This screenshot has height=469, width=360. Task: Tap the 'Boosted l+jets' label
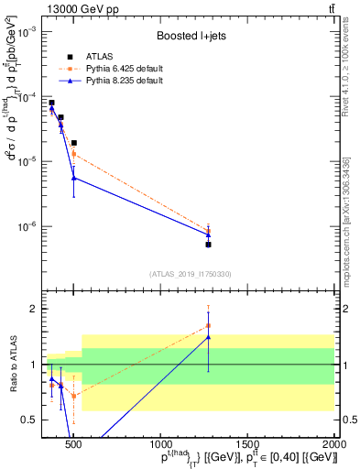tap(191, 37)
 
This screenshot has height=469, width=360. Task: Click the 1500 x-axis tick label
tap(247, 444)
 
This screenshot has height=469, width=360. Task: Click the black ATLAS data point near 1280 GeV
tap(209, 245)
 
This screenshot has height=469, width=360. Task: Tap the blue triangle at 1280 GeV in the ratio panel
tap(209, 337)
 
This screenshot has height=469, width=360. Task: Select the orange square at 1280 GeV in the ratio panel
tap(209, 325)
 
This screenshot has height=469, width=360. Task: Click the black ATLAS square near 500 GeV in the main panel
tap(74, 143)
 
